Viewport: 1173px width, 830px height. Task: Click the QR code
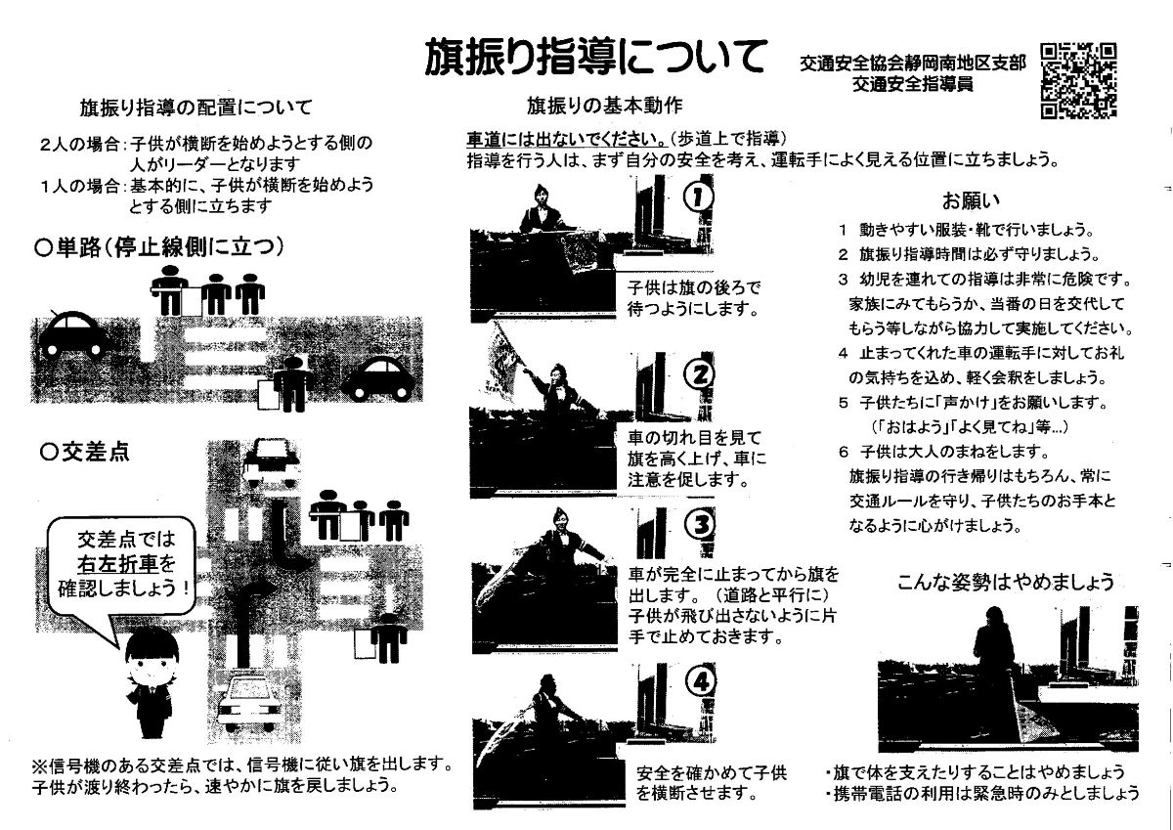click(1078, 80)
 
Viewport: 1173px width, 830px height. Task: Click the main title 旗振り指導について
click(595, 57)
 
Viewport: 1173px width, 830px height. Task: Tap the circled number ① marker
click(698, 197)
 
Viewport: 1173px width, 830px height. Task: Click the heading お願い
click(971, 200)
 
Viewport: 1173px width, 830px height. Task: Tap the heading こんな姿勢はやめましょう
click(1006, 582)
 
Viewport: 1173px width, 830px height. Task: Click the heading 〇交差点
click(85, 452)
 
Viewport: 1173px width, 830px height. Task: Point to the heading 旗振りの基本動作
click(605, 106)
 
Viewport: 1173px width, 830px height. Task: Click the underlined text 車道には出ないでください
click(567, 139)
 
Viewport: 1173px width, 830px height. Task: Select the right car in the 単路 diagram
click(378, 378)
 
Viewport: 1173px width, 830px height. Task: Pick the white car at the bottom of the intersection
click(249, 703)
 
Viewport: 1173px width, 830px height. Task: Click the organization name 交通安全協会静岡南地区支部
click(913, 64)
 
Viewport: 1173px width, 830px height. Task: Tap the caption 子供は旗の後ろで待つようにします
click(694, 298)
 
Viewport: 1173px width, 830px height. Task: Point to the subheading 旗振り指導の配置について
click(195, 108)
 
